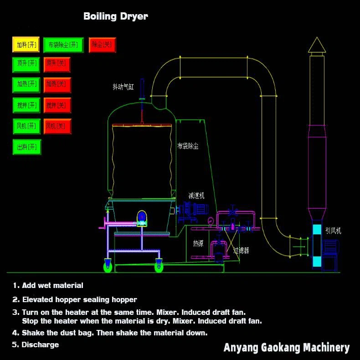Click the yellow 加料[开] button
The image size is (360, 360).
26,45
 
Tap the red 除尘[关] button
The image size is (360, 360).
102,45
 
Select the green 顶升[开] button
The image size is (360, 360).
26,64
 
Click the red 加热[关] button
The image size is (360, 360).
57,84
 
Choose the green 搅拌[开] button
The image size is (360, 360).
26,105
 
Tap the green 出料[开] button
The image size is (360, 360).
26,147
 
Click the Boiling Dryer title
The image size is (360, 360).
115,16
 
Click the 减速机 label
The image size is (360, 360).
196,195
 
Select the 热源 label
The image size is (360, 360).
198,244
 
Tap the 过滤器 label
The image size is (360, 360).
241,250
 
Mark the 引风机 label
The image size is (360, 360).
333,231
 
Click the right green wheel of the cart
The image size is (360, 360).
159,266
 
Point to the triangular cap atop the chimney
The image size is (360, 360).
317,45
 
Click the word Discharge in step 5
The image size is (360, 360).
40,345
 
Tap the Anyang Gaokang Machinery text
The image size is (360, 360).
286,348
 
